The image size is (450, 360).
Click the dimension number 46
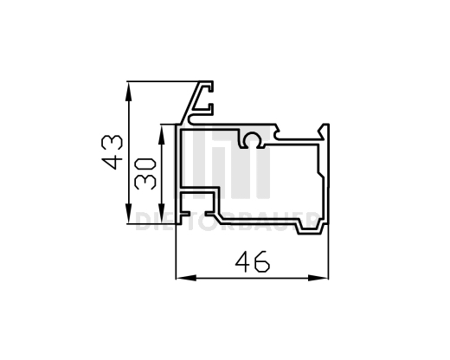pos(252,260)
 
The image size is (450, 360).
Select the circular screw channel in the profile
pos(252,139)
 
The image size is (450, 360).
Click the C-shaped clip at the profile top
pos(205,100)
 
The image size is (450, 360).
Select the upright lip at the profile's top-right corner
pos(326,130)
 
